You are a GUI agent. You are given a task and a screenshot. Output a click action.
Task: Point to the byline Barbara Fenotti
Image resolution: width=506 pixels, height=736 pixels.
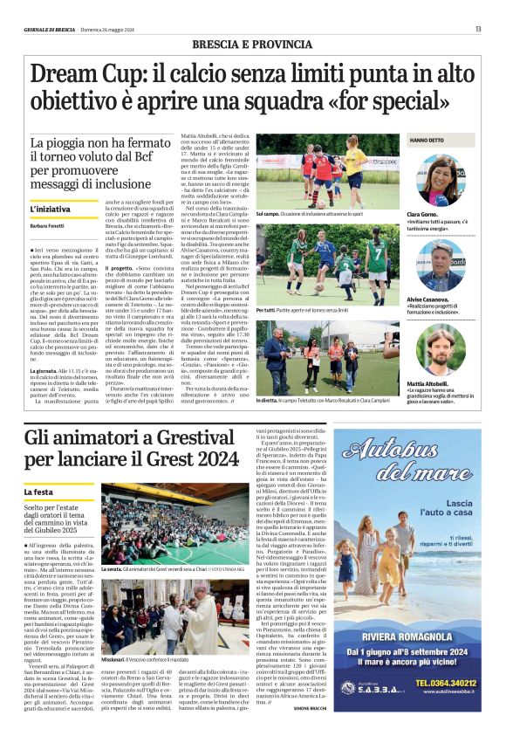click(x=49, y=226)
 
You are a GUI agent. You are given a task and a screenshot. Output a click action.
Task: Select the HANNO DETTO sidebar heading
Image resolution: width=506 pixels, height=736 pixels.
click(x=427, y=141)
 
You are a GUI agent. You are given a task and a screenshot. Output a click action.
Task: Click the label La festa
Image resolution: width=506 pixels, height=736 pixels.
click(x=42, y=493)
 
